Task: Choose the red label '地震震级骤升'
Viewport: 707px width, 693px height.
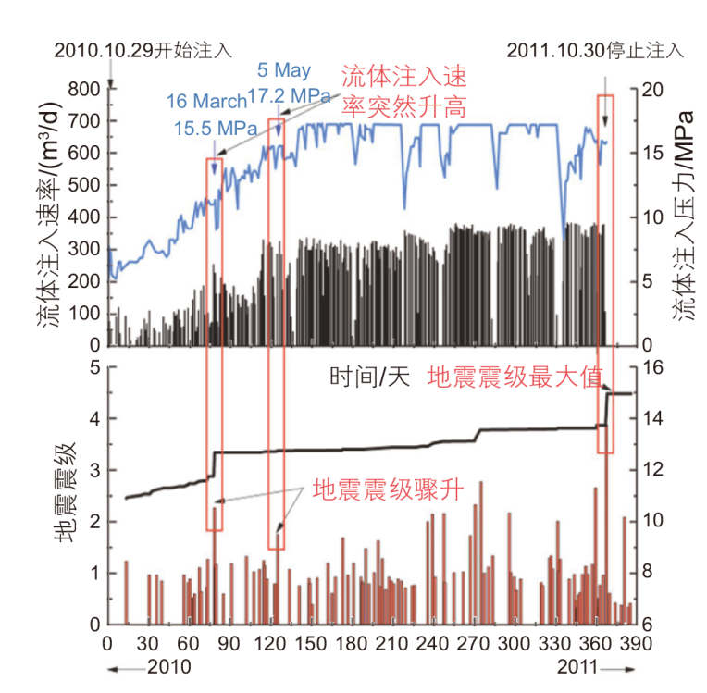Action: (x=398, y=487)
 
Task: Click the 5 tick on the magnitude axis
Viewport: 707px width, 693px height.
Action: (x=93, y=368)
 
